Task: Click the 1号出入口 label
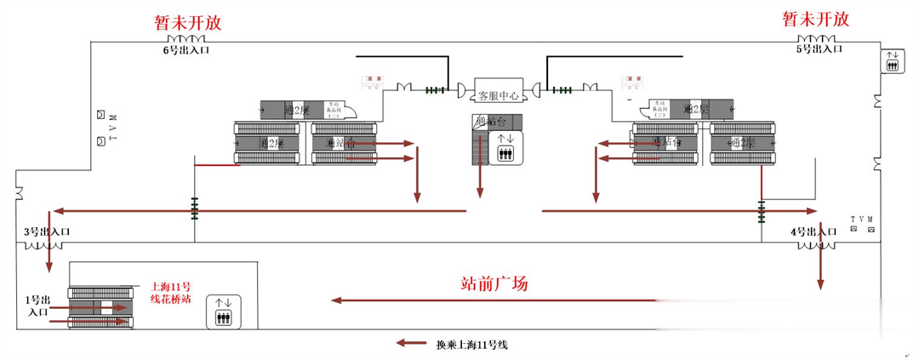coord(37,306)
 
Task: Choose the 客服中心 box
coord(498,95)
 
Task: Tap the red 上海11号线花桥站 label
coord(169,293)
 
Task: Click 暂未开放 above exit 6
coord(186,22)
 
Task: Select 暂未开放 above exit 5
coord(815,20)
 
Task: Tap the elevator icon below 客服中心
coord(505,146)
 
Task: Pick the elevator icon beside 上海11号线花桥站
coord(223,311)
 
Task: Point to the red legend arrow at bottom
coord(411,344)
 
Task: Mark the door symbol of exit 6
coord(186,39)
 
